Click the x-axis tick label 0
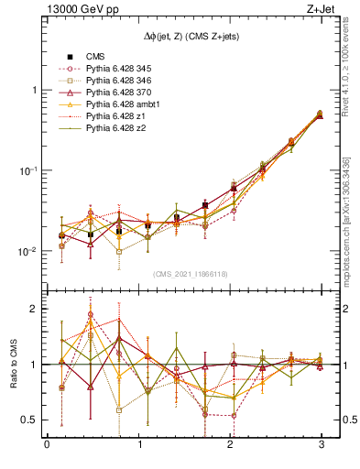(x=47, y=446)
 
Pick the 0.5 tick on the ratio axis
(x=30, y=420)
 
